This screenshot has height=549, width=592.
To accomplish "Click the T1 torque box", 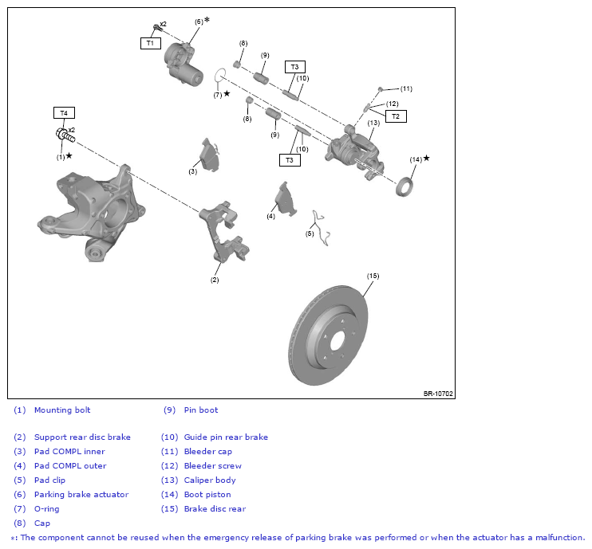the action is coord(151,43).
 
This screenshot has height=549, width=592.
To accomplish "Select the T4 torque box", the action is coord(64,112).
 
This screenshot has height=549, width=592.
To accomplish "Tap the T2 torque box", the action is coord(396,116).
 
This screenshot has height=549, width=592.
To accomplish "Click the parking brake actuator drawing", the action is coord(184,65).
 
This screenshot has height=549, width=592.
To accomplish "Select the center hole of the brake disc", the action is coord(337,343).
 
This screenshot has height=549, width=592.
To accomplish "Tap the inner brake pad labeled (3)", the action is coord(209,155).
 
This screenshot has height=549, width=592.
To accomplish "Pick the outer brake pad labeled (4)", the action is coord(285,199).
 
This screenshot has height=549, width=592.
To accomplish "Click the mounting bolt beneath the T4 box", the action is coord(65,135).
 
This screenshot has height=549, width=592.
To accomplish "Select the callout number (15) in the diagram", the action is coord(373,276).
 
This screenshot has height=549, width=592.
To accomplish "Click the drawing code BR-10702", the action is coord(438,394).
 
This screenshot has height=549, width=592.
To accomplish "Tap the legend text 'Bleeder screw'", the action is coord(212,465).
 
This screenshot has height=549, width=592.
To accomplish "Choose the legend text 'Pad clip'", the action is coord(49,480).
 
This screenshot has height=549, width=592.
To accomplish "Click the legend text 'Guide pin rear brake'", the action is coord(226,437).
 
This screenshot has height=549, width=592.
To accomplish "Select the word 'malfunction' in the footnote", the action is coord(559,537).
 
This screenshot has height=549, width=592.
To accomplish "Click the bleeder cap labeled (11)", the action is coord(381,89).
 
